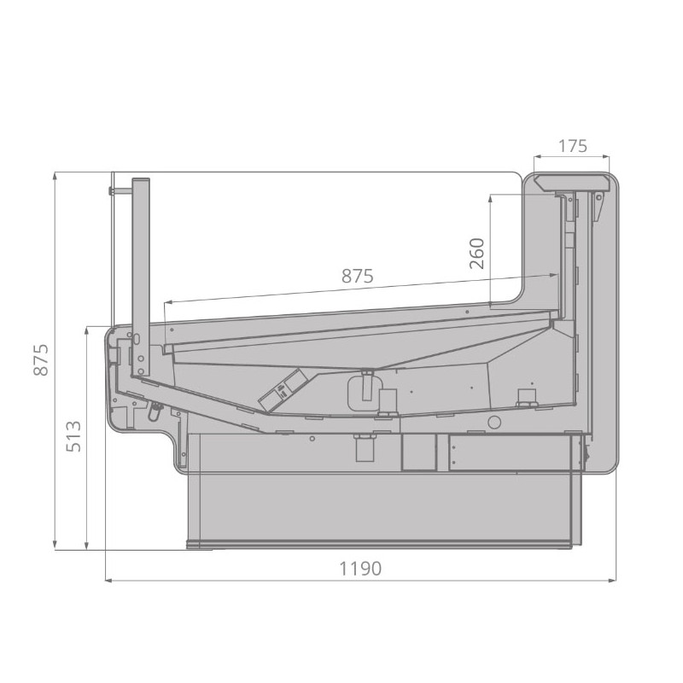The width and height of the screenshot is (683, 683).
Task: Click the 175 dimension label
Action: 573,146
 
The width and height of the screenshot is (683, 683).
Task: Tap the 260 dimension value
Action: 477,254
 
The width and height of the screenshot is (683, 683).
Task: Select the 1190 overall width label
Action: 360,569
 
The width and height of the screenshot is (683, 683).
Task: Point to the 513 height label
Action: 73,436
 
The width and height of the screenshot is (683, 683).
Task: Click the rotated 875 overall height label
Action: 41,359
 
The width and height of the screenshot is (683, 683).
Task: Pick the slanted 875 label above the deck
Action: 358,276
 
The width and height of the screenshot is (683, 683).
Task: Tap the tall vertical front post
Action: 141,277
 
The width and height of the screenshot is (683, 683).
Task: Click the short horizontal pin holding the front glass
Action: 120,190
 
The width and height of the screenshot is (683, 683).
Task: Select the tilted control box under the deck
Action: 283,389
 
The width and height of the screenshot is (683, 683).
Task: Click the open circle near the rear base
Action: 494,422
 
